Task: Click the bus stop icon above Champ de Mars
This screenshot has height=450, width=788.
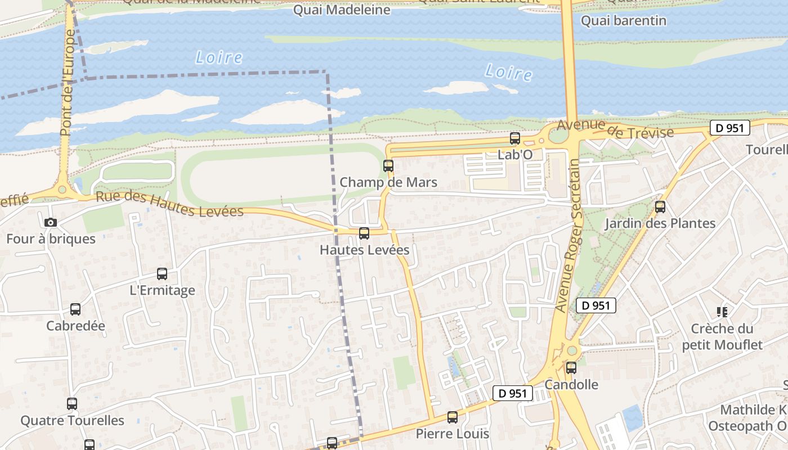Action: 388,166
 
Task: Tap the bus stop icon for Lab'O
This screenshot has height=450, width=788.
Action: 514,138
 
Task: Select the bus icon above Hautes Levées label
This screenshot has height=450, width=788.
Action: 364,233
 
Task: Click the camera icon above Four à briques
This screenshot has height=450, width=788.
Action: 51,223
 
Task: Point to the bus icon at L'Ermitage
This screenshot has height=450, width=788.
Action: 162,274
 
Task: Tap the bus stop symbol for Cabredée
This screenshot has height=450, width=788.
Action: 75,309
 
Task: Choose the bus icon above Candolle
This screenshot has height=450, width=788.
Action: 571,368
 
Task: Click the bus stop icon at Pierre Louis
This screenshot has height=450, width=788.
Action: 453,417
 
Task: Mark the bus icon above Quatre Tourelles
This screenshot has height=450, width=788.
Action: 72,404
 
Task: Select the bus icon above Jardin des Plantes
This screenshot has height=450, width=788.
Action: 660,207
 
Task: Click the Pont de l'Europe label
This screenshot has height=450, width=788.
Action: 67,83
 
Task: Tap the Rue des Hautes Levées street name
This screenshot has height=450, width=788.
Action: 169,204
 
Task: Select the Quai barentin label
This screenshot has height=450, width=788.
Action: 623,21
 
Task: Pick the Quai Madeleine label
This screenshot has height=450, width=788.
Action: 342,10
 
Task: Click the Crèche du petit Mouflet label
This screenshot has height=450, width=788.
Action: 722,336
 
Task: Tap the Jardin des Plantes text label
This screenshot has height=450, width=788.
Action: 660,223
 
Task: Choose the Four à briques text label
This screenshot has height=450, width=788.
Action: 51,238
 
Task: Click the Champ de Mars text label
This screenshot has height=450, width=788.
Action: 388,182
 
